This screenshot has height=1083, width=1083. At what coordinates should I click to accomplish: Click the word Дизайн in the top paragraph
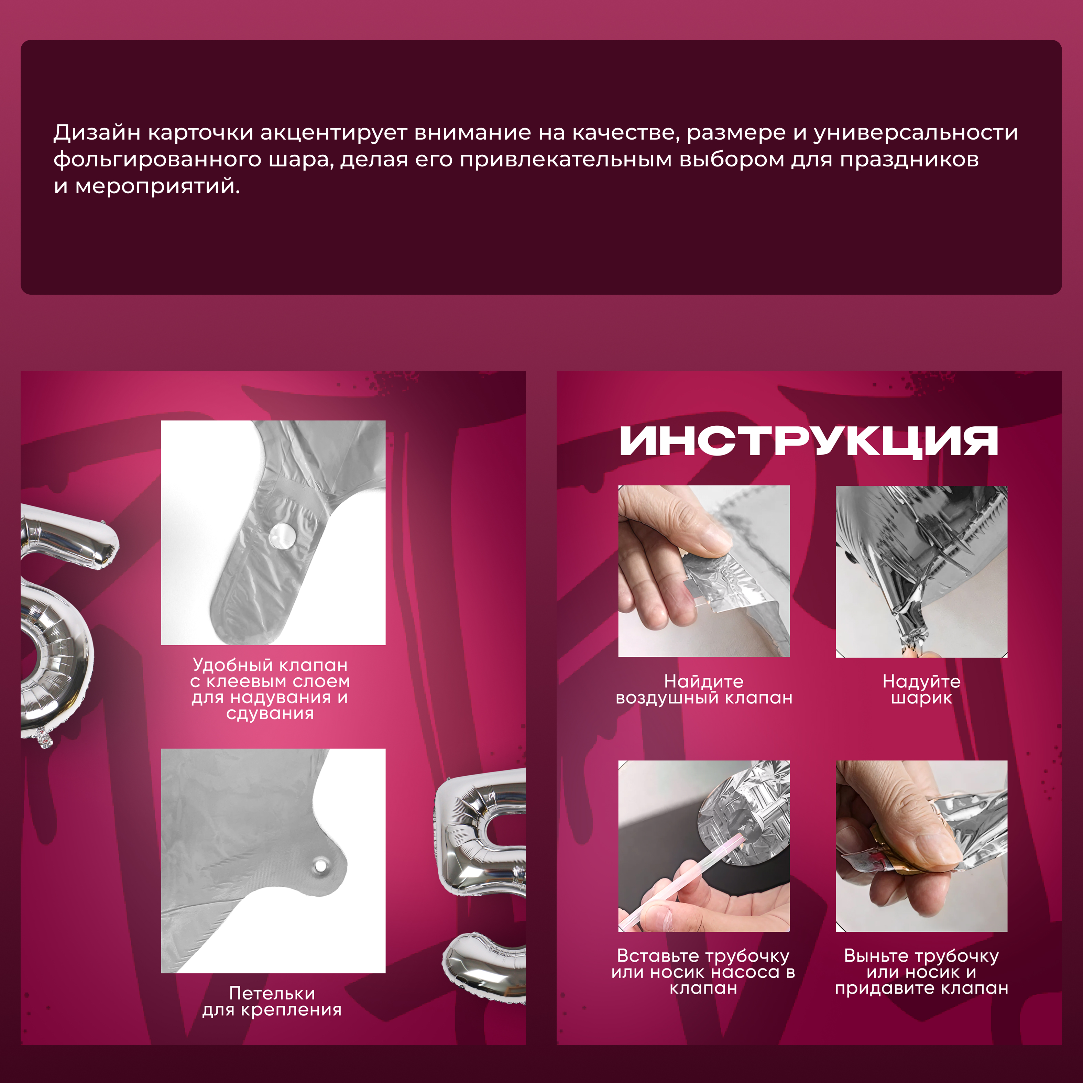coord(96,133)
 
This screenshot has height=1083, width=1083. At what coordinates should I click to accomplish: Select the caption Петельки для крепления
coord(272,1002)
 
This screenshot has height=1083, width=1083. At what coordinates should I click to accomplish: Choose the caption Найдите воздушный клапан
coord(704,689)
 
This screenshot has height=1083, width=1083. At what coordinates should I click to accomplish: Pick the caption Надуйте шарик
coord(921,689)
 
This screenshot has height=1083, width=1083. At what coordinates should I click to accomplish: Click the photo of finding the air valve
coord(704,571)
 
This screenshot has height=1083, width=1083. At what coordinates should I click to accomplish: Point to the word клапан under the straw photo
coord(703,988)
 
